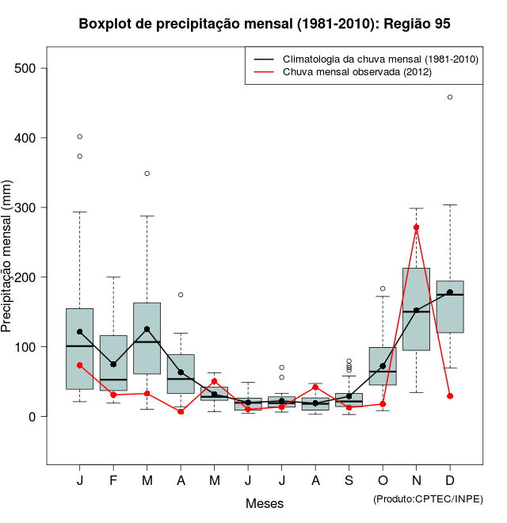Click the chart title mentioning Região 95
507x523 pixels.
265,24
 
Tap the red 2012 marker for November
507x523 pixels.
417,227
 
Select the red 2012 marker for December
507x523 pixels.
450,395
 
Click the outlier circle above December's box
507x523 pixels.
450,97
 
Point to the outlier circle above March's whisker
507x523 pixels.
147,173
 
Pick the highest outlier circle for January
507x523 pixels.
80,136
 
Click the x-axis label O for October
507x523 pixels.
383,482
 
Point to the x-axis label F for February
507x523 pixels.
113,482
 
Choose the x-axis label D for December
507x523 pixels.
450,482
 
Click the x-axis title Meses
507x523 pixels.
265,503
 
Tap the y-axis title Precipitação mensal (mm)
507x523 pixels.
7,265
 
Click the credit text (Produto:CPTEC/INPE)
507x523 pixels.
428,498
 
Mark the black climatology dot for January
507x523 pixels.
80,332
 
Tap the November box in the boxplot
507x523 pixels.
417,309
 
